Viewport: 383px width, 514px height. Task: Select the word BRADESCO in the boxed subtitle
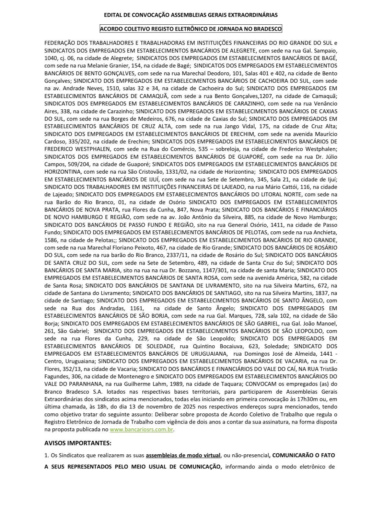point(267,29)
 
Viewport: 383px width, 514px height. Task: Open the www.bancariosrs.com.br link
point(142,430)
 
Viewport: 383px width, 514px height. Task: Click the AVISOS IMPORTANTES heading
point(78,443)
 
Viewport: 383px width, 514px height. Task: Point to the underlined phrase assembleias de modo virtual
point(183,455)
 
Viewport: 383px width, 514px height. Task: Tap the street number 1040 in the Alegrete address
point(51,58)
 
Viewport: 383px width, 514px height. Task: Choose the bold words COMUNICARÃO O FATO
point(304,455)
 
